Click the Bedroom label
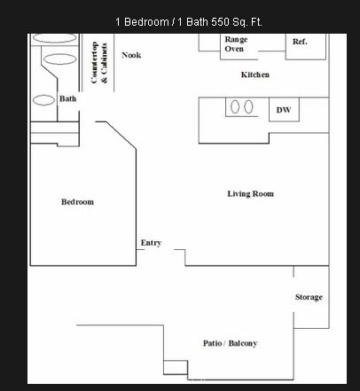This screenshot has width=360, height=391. pyautogui.click(x=77, y=202)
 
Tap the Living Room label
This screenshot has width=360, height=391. pyautogui.click(x=250, y=194)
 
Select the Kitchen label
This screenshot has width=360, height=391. pyautogui.click(x=254, y=74)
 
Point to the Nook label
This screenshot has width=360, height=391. pyautogui.click(x=131, y=55)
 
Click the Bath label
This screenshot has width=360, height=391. pyautogui.click(x=68, y=98)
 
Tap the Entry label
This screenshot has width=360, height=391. pyautogui.click(x=151, y=243)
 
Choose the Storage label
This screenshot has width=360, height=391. pyautogui.click(x=309, y=297)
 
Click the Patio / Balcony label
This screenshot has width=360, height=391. pyautogui.click(x=230, y=343)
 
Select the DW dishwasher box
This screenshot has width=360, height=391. pyautogui.click(x=283, y=110)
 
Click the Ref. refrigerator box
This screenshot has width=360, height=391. pyautogui.click(x=301, y=42)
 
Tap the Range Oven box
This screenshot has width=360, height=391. pyautogui.click(x=235, y=44)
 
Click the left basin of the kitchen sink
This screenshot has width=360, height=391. pyautogui.click(x=236, y=107)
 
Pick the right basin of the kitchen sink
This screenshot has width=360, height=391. pyautogui.click(x=250, y=107)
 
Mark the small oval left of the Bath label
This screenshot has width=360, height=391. pyautogui.click(x=44, y=100)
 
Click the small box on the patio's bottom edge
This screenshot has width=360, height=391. pyautogui.click(x=176, y=367)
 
